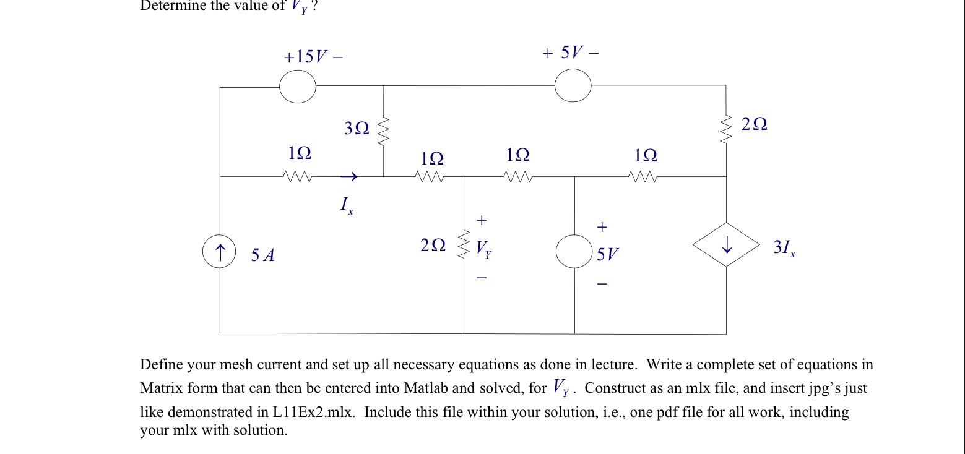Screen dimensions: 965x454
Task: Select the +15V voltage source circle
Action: [x=298, y=87]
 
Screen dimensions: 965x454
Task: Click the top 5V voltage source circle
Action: [x=573, y=85]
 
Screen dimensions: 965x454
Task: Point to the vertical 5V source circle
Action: [x=574, y=252]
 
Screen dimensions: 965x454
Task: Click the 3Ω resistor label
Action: [x=357, y=129]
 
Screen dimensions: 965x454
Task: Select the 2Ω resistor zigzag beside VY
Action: [x=464, y=247]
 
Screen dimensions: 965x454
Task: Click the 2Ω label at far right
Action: [x=754, y=125]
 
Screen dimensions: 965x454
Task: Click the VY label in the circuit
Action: [x=483, y=249]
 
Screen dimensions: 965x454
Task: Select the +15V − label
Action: [x=313, y=58]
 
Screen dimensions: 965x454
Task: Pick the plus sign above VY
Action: [x=482, y=220]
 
